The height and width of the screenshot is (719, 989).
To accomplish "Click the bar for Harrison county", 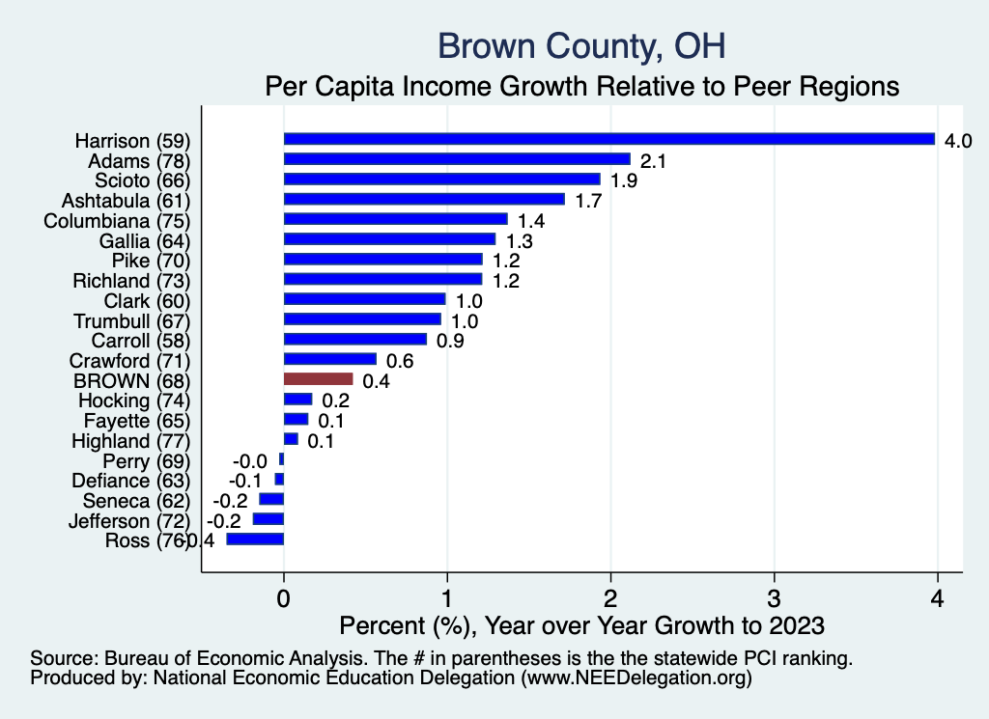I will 608,139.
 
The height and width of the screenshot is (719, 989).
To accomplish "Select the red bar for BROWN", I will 318,379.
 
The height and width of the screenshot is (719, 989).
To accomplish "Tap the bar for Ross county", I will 255,539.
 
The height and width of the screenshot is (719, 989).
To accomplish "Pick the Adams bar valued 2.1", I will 457,159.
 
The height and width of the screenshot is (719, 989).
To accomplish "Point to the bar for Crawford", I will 329,359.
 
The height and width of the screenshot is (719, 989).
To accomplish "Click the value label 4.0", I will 957,141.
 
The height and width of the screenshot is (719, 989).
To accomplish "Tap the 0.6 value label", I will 400,361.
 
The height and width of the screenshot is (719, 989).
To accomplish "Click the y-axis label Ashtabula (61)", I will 127,201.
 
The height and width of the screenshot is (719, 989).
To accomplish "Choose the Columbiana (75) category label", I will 119,220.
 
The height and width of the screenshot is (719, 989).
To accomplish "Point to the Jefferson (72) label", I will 128,520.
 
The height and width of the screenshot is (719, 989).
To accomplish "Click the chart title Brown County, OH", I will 581,45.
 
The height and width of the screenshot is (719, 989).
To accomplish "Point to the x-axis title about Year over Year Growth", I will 582,625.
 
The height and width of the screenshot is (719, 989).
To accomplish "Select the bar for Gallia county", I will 389,239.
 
